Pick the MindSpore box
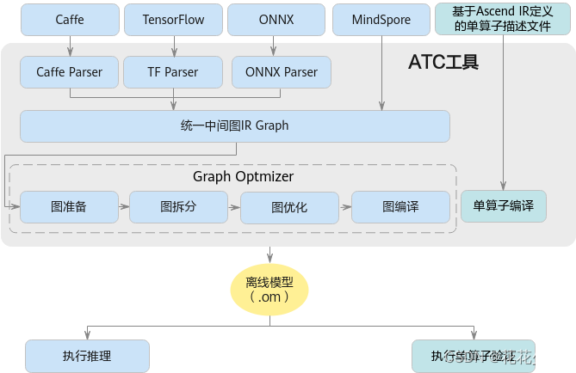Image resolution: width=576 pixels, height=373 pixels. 381,18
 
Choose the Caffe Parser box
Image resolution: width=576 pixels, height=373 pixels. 69,72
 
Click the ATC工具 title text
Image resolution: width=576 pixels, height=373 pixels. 443,63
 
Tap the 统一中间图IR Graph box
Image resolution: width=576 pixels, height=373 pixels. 234,126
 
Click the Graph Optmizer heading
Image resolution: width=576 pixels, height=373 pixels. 243,176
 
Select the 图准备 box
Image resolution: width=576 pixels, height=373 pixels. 69,206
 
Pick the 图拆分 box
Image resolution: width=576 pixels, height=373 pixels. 178,206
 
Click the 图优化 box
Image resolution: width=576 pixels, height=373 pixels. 288,207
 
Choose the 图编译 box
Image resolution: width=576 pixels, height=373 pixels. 400,206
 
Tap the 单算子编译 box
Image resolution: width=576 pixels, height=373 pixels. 504,206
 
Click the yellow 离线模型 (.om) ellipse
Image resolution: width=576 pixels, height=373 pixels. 269,289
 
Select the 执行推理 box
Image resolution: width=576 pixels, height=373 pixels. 87,356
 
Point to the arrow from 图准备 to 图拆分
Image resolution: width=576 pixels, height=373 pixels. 124,206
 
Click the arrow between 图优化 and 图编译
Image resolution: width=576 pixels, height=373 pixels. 344,206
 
